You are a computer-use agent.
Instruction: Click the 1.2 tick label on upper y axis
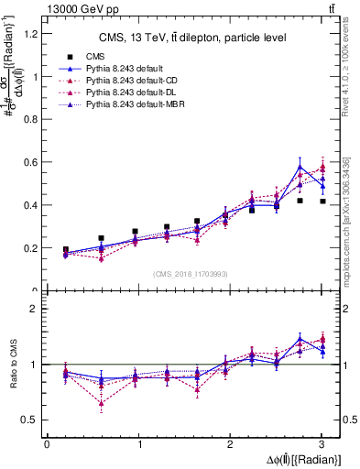(34, 34)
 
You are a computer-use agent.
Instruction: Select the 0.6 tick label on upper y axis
(34, 162)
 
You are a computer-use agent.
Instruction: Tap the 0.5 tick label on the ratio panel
(34, 420)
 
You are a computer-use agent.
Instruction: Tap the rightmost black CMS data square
(322, 202)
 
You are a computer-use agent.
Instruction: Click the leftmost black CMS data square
(65, 249)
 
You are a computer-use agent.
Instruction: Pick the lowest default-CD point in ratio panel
(100, 403)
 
